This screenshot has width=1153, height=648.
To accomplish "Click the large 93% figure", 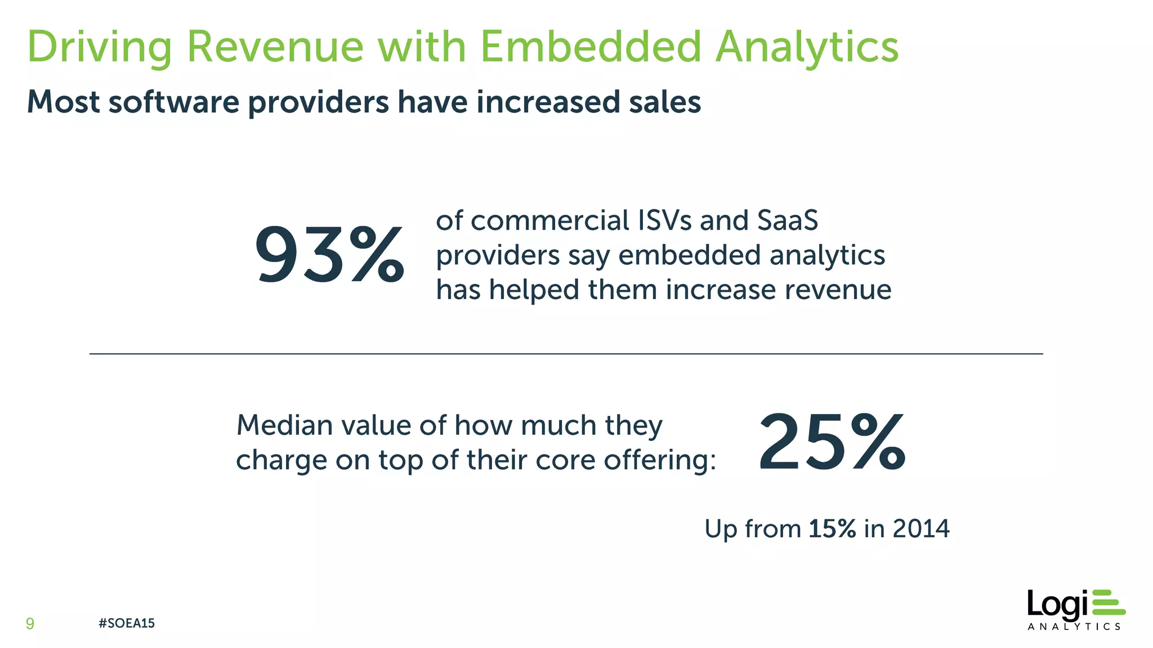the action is tap(329, 255).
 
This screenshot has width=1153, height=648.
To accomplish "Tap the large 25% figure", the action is tap(832, 442).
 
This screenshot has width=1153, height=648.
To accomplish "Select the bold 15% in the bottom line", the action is tap(832, 529).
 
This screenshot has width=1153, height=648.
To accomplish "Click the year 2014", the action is tap(921, 529).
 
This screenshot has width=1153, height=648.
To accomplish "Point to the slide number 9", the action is tap(30, 623).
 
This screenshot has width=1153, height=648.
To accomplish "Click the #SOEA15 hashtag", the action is tap(126, 623).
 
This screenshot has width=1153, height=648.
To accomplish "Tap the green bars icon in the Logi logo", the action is tap(1107, 603).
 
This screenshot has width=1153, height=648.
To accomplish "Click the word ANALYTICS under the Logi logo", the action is tap(1074, 627).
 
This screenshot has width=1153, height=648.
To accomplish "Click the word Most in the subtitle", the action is tap(63, 102).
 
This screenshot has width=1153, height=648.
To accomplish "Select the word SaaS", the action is tap(787, 220).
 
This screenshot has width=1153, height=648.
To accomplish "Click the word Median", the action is tap(284, 425).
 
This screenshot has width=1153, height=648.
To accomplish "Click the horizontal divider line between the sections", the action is tap(566, 354).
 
